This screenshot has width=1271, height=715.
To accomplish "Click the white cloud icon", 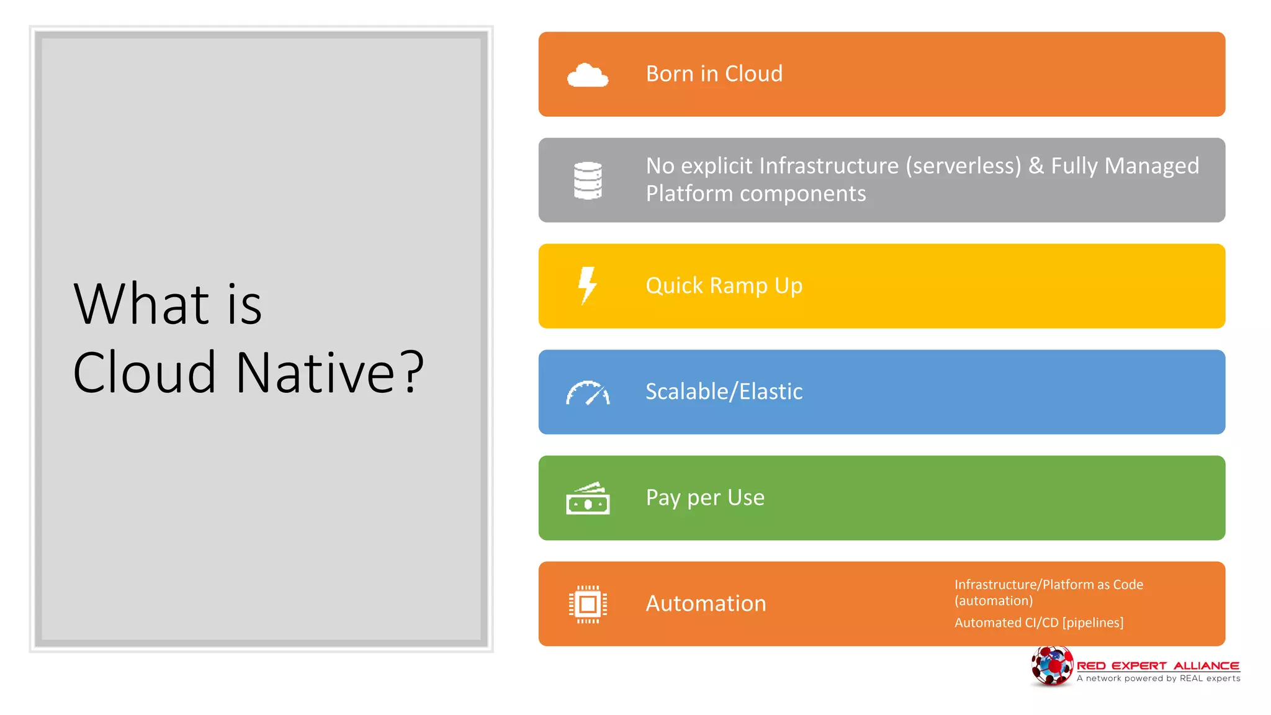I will [x=587, y=75].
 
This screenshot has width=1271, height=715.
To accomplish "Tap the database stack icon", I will [x=588, y=181].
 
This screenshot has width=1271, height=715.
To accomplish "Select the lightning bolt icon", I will [x=587, y=286].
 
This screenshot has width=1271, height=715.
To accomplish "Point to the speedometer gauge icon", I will [x=588, y=393].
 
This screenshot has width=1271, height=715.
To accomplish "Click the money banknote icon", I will [x=588, y=498].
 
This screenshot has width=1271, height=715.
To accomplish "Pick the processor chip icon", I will [x=588, y=604].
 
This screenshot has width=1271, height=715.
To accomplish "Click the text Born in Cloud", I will [x=714, y=74].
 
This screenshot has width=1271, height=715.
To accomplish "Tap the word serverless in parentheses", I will [x=963, y=166].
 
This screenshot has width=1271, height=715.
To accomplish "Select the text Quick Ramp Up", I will [x=724, y=286].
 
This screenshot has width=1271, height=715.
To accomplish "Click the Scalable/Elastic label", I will [x=724, y=392].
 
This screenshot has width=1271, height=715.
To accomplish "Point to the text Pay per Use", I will [x=705, y=498].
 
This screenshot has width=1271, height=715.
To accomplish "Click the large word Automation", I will [x=706, y=604].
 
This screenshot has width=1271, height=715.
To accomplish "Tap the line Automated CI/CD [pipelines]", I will [x=1038, y=623].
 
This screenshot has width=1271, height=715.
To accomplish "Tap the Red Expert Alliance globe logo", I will [x=1051, y=666].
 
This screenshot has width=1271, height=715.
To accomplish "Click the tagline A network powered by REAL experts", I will [x=1158, y=678].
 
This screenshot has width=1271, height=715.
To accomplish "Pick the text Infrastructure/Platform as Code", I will [x=1048, y=585].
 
